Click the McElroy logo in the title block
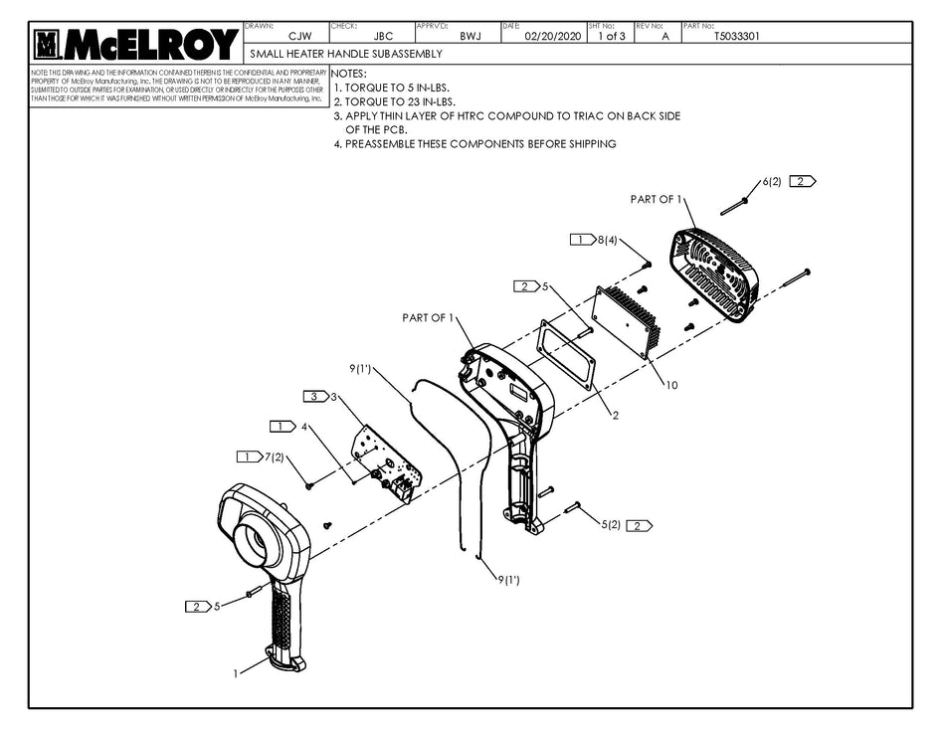[x=136, y=44]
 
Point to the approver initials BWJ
[x=471, y=36]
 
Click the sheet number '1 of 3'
[x=611, y=36]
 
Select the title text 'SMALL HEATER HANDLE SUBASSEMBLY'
[x=346, y=54]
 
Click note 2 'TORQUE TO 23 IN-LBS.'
[x=395, y=101]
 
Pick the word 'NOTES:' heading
[x=348, y=74]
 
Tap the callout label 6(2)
[x=772, y=182]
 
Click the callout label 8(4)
[x=607, y=240]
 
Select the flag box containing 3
[x=315, y=397]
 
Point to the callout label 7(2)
[x=274, y=456]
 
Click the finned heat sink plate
[x=626, y=319]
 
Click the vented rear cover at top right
[x=715, y=274]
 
